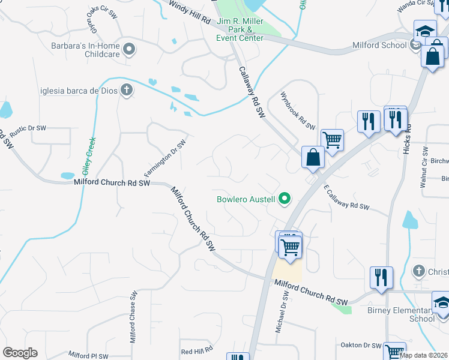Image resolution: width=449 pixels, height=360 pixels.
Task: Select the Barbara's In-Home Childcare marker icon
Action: [128, 49]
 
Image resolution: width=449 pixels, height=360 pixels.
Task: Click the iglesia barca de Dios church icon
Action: [126, 91]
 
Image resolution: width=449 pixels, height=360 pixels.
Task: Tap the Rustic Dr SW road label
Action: [26, 128]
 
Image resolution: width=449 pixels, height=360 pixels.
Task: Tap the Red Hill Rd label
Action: [197, 350]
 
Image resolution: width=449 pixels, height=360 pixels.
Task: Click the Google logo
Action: [20, 353]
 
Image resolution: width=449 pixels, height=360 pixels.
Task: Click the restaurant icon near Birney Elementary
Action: [381, 277]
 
